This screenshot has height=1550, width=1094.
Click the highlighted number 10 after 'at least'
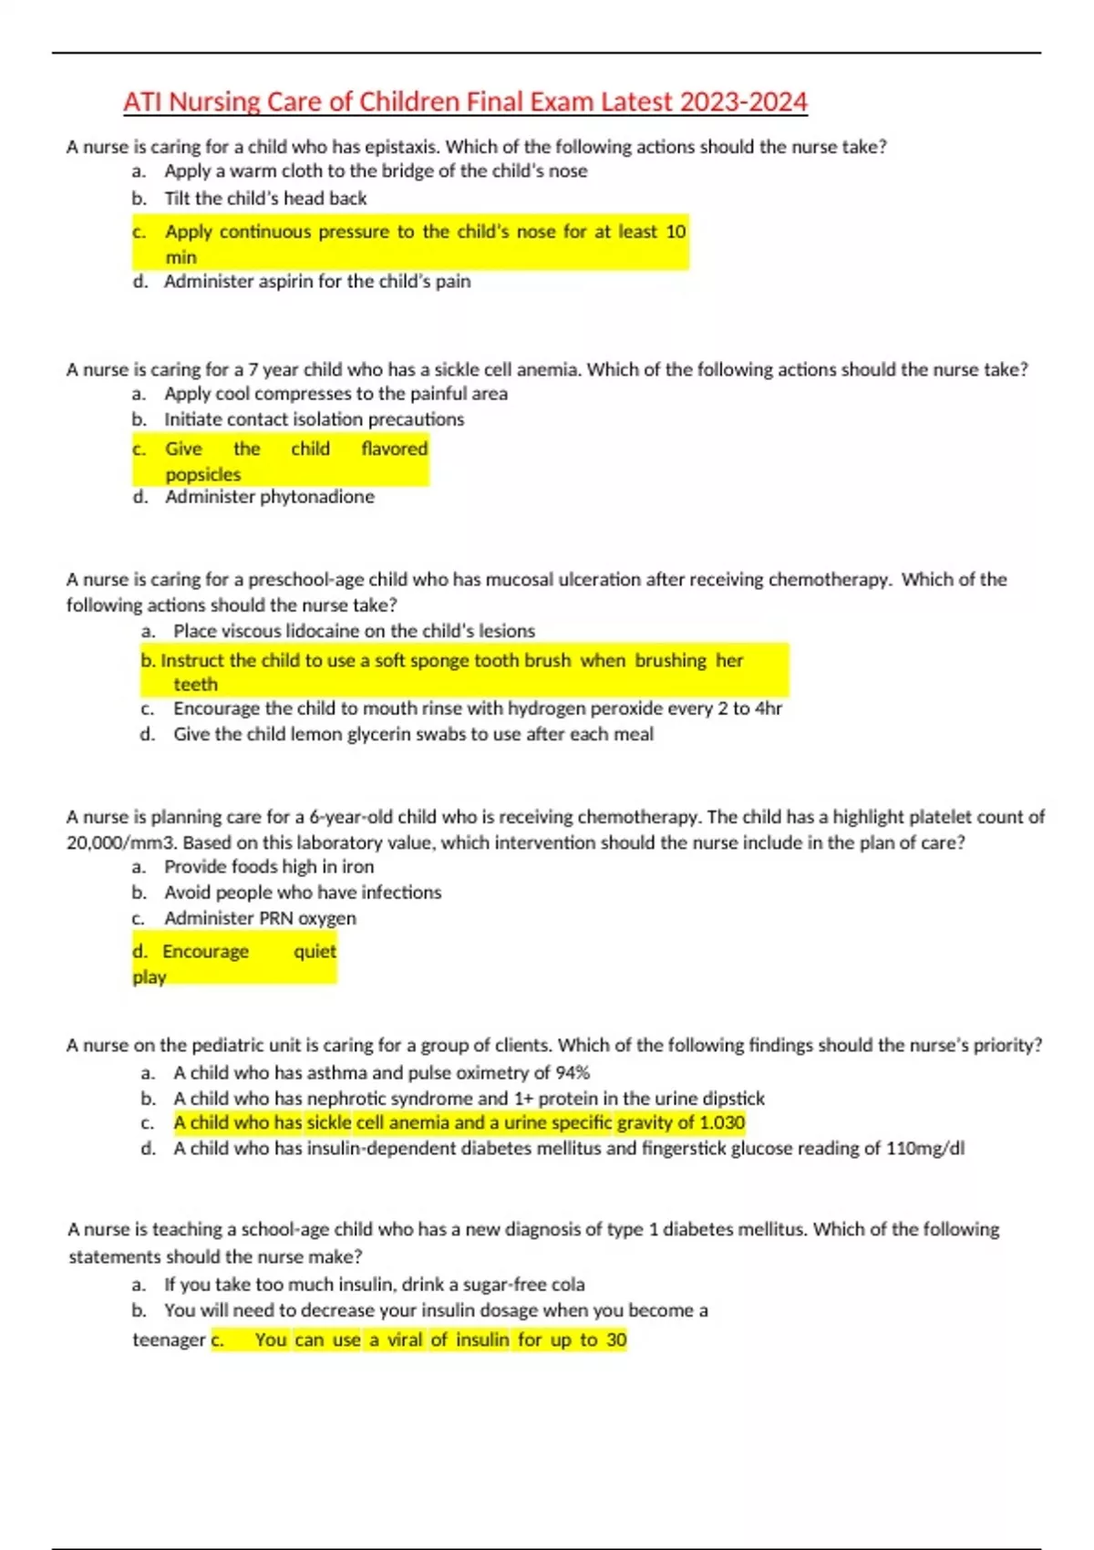click(676, 232)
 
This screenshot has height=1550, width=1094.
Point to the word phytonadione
click(316, 497)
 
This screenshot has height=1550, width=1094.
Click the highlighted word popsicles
click(202, 474)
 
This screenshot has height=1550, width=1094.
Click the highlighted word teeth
click(195, 685)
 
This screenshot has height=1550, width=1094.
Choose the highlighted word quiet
click(315, 951)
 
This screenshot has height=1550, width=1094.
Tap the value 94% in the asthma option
click(573, 1073)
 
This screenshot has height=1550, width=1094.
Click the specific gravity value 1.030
click(722, 1122)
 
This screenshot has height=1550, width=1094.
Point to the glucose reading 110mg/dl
click(924, 1148)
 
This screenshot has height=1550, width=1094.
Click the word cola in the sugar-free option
click(567, 1285)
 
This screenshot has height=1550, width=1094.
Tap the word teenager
click(169, 1340)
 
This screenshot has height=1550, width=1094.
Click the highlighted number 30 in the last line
click(616, 1339)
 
